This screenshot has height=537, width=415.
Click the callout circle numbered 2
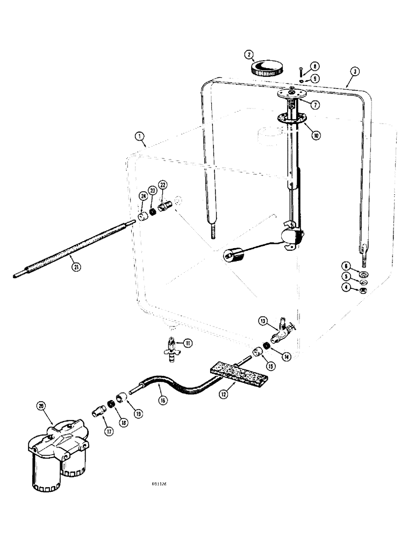click(248, 54)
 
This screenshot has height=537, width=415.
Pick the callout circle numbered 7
click(316, 105)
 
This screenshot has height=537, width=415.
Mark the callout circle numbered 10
click(316, 136)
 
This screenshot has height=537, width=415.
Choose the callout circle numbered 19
click(138, 413)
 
